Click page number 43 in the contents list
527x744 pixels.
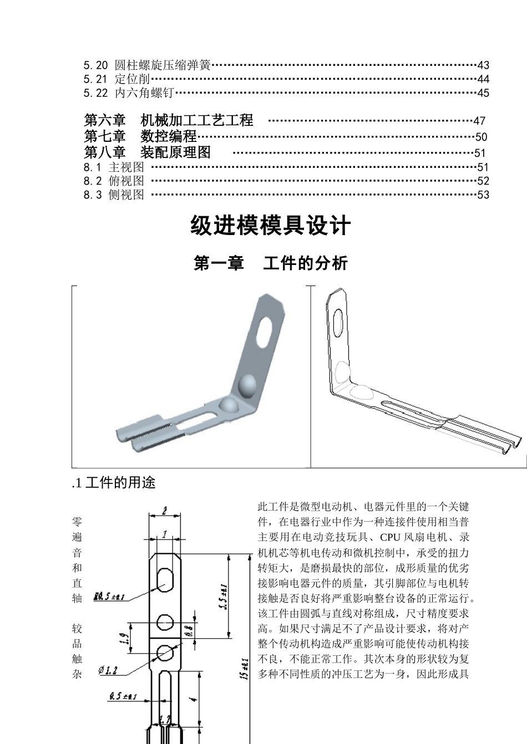[483, 65]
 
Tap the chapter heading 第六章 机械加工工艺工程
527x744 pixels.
[169, 120]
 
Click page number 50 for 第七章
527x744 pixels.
[481, 137]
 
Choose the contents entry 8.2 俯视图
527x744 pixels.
[114, 181]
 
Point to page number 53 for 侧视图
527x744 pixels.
[483, 195]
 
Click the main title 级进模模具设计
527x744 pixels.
[271, 226]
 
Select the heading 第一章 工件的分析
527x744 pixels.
[271, 263]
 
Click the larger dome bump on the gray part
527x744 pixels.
[247, 385]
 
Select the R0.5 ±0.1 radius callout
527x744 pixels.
[109, 597]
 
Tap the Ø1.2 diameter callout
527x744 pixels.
[108, 671]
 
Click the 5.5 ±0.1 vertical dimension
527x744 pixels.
[223, 596]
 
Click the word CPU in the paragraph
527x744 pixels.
[391, 537]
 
